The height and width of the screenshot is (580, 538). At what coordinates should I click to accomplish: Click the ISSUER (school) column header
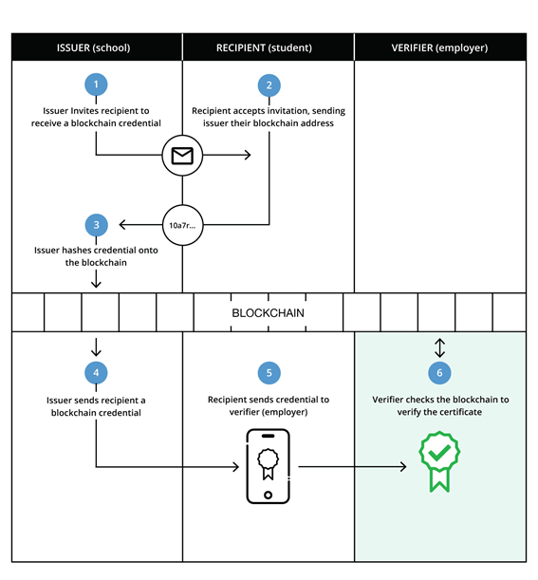coord(96,47)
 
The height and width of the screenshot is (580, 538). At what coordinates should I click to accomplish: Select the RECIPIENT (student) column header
coord(268,47)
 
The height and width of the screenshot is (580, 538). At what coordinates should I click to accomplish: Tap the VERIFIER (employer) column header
coord(439,47)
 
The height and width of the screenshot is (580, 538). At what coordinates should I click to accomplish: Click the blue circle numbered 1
coord(96,85)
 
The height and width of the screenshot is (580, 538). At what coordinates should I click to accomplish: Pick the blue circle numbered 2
coord(269,85)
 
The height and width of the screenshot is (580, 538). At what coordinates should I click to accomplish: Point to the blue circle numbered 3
coord(96,225)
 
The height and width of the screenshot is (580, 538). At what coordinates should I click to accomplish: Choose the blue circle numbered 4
coord(96,372)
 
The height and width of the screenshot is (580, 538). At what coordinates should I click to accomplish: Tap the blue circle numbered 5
coord(269,372)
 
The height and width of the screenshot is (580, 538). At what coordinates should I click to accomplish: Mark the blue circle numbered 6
coord(439,372)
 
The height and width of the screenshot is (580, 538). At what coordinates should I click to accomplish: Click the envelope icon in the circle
coord(182,156)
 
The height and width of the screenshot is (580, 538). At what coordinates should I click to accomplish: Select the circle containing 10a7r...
coord(182,226)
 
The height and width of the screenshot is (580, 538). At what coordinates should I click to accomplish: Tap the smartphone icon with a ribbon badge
coord(269,466)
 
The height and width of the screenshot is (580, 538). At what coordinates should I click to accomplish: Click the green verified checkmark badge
coord(438,461)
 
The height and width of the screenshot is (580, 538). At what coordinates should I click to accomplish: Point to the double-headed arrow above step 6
coord(439,346)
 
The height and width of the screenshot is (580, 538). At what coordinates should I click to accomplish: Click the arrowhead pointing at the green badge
coord(403,466)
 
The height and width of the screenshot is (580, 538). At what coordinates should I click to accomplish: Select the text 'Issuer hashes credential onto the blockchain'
coord(96,256)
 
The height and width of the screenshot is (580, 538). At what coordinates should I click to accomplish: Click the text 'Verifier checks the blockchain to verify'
coord(439,405)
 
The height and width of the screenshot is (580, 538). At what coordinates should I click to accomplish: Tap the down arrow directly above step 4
coord(96,346)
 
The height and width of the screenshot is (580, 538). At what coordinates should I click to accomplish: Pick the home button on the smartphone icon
coord(269,495)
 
